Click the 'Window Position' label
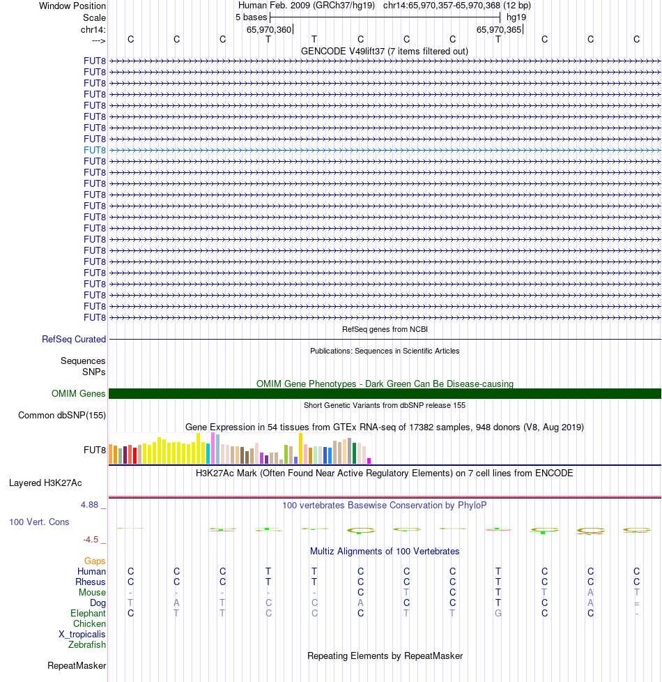coord(72,6)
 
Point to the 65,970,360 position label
coord(269,29)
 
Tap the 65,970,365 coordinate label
coord(498,29)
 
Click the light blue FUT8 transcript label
coord(95,150)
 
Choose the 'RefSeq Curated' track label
coord(74,340)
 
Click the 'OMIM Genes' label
coord(79,394)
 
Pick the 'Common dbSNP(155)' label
coord(62,416)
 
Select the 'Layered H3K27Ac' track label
coord(45,483)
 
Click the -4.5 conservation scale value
coord(95,539)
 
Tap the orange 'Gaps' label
coord(95,561)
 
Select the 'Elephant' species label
coord(88,614)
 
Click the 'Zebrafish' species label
coord(87,645)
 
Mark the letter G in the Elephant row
coord(498,614)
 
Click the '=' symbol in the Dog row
coord(636,603)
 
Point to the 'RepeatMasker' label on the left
coord(77,666)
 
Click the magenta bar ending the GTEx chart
coord(369,460)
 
